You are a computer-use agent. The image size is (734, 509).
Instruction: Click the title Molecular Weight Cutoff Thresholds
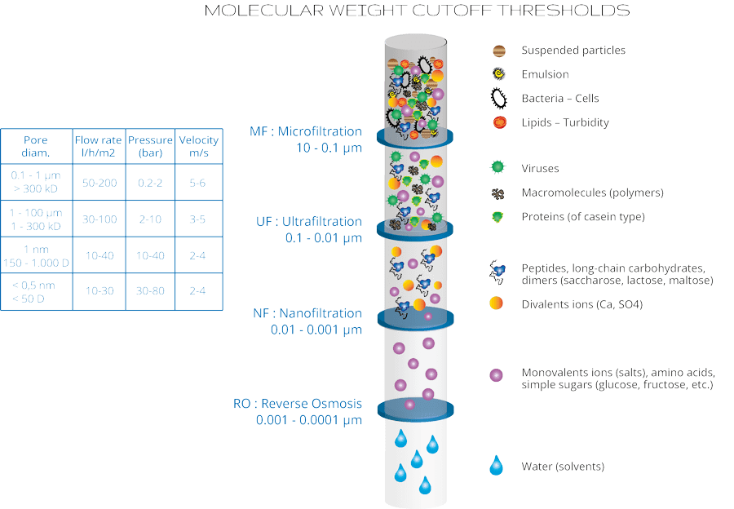pyautogui.click(x=416, y=11)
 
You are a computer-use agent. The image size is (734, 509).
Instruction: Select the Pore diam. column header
pyautogui.click(x=36, y=145)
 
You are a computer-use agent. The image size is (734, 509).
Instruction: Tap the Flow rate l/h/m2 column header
pyautogui.click(x=98, y=145)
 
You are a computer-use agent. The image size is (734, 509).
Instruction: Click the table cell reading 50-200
pyautogui.click(x=98, y=183)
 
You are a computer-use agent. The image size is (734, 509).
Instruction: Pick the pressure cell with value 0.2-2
pyautogui.click(x=150, y=183)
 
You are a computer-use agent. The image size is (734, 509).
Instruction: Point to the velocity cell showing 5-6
pyautogui.click(x=198, y=183)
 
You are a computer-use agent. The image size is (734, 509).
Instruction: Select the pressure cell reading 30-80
pyautogui.click(x=150, y=292)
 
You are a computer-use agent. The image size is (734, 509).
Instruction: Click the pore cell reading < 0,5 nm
pyautogui.click(x=36, y=286)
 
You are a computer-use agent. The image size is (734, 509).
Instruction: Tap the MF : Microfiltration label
pyautogui.click(x=306, y=131)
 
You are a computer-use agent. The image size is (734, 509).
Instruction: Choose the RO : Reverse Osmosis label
pyautogui.click(x=298, y=404)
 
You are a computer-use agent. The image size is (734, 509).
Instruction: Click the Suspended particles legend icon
pyautogui.click(x=498, y=51)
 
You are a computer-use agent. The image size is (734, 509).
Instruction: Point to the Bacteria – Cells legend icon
pyautogui.click(x=497, y=98)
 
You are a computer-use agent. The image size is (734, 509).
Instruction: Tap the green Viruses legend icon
pyautogui.click(x=497, y=169)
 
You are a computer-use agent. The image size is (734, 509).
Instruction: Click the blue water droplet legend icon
pyautogui.click(x=497, y=466)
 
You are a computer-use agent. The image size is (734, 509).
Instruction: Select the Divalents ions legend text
pyautogui.click(x=581, y=304)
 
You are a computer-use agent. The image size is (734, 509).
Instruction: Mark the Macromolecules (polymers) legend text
pyautogui.click(x=592, y=193)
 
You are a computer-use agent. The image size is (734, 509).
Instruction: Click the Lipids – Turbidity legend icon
pyautogui.click(x=497, y=122)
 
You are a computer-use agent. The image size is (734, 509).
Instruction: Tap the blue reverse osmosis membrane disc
pyautogui.click(x=415, y=408)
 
